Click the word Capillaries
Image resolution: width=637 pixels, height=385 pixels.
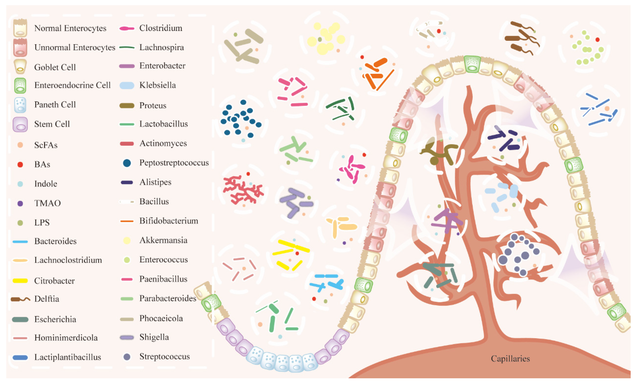tap(510, 359)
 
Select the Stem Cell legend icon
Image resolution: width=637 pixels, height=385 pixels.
tap(20, 124)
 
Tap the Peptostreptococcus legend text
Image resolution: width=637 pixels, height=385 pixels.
tap(174, 163)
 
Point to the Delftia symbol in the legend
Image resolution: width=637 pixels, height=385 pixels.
tap(20, 299)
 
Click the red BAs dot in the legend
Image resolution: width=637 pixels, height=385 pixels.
tap(20, 165)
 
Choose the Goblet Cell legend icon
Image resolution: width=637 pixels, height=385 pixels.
tap(20, 67)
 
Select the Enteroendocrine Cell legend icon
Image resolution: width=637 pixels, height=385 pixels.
tap(20, 86)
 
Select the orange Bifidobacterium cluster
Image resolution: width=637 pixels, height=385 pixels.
tap(377, 72)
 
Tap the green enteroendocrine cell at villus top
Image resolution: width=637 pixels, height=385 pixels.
tap(472, 64)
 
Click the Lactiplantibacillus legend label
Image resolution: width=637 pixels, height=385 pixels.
tap(67, 357)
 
